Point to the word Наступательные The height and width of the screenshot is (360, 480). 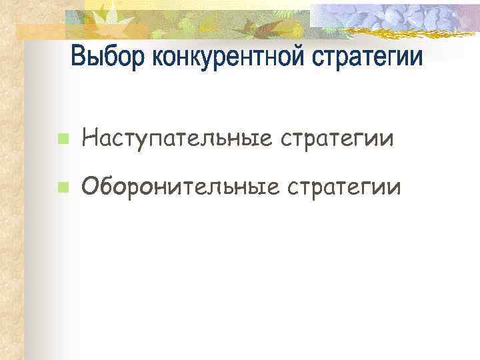click(176, 139)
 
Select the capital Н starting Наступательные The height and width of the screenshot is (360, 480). click(89, 139)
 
